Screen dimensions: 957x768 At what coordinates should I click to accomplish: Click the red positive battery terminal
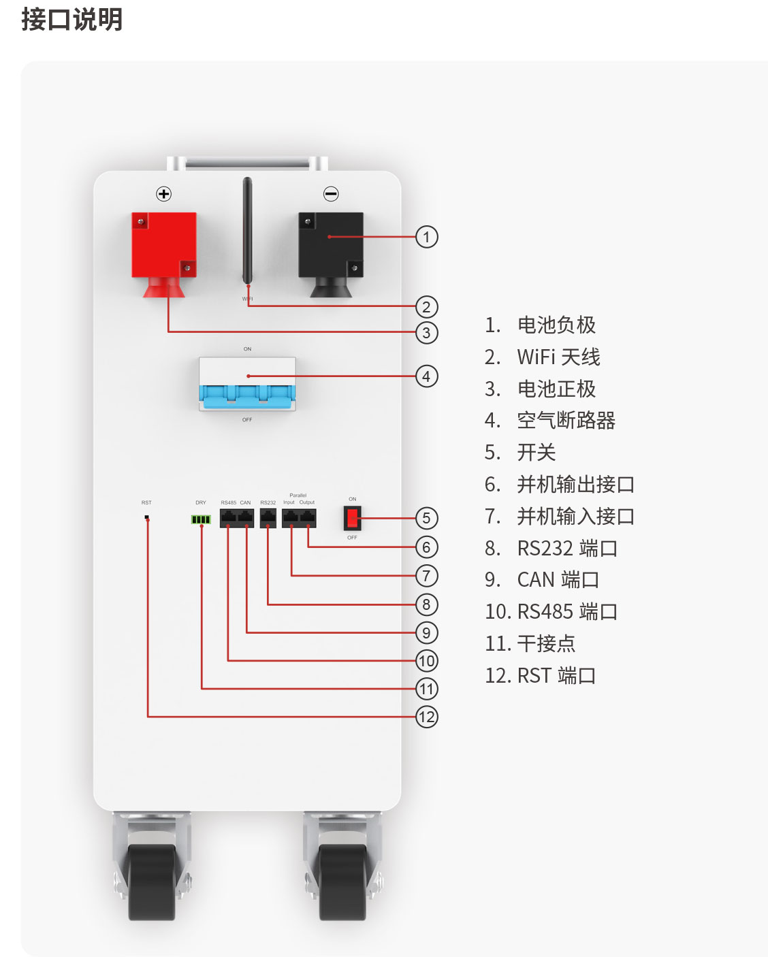click(163, 245)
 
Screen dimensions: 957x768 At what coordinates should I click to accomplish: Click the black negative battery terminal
click(330, 245)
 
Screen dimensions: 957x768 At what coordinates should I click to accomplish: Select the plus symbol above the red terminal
click(164, 194)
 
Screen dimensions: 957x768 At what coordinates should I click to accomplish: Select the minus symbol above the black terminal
click(331, 194)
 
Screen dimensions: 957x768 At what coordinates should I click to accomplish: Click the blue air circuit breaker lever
click(246, 394)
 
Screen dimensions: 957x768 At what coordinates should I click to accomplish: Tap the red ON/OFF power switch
click(353, 519)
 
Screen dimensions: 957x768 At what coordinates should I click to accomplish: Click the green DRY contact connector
click(201, 520)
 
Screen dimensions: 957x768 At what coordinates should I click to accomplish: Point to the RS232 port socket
click(268, 518)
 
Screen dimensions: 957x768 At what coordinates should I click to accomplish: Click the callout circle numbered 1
click(427, 237)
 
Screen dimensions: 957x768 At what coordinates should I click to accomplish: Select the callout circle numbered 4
click(427, 376)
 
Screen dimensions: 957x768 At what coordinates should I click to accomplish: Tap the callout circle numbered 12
click(427, 717)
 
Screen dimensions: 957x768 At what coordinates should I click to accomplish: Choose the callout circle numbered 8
click(427, 604)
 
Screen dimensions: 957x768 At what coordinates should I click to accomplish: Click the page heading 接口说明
click(72, 19)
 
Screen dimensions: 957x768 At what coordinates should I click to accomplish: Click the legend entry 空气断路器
click(566, 421)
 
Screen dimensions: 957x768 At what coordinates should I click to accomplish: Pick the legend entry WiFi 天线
click(558, 357)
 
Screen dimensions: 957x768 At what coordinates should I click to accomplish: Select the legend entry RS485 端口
click(567, 611)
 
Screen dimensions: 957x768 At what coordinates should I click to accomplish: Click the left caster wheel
click(151, 881)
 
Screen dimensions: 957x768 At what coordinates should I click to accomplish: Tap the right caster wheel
click(342, 881)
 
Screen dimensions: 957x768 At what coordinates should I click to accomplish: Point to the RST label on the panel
click(146, 503)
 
